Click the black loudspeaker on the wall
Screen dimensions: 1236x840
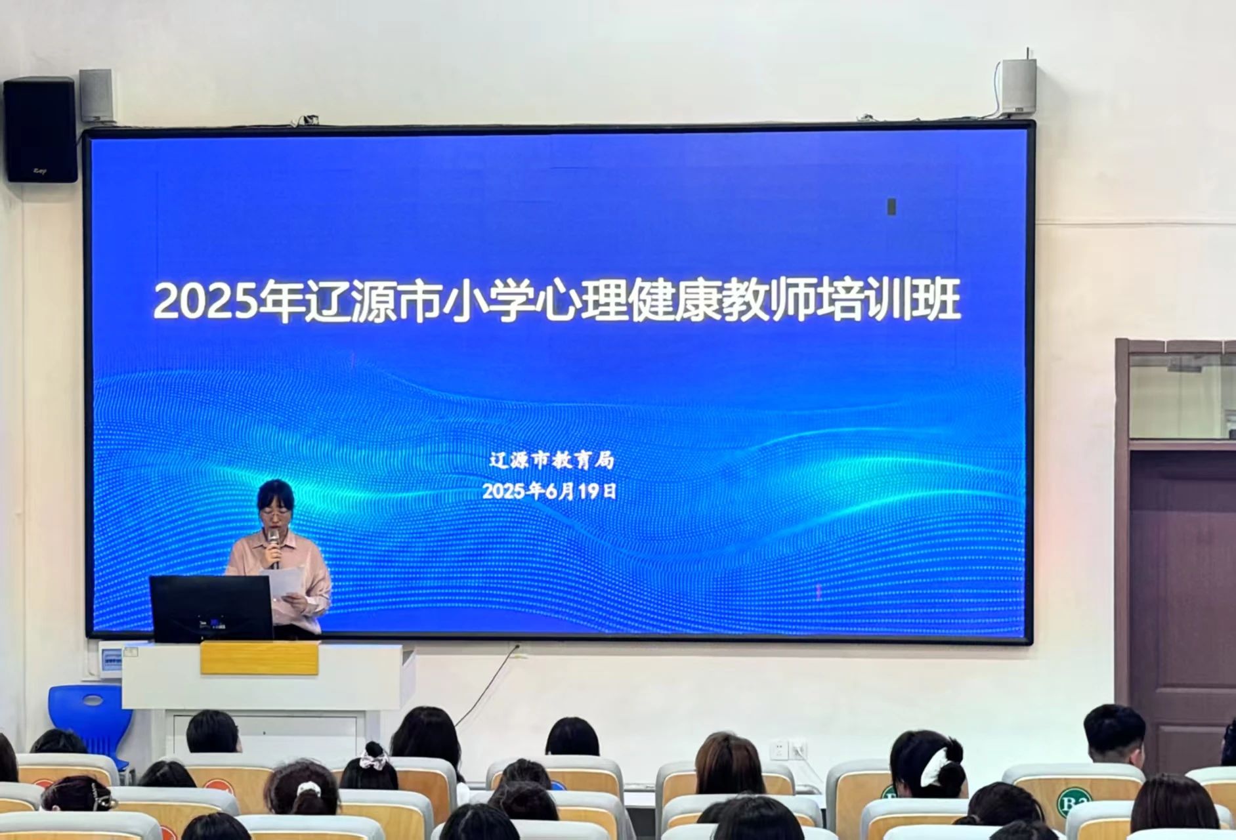[40, 129]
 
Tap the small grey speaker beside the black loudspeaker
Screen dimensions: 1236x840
[96, 96]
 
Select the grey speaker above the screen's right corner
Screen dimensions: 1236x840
[1018, 86]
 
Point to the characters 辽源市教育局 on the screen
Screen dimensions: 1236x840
[551, 460]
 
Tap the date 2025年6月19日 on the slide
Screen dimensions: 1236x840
[550, 491]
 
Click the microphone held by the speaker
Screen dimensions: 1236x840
[274, 547]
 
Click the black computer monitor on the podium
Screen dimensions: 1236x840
[211, 608]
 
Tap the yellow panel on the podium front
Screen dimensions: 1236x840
[259, 658]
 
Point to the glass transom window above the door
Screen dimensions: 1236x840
[1182, 395]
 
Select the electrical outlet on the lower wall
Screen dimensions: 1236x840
[788, 749]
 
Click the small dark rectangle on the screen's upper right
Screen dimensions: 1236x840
[891, 206]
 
